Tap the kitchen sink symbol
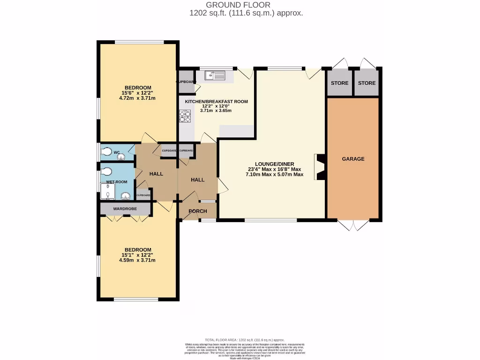coord(215,74)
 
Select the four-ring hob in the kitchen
coord(185,116)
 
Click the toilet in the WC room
coord(106,152)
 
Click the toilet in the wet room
coord(106,171)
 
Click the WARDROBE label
coord(124,208)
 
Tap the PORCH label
coord(198,211)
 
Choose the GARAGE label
coord(353,159)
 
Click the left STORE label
coord(339,83)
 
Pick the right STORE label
coord(367,83)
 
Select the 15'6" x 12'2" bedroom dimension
coord(138,93)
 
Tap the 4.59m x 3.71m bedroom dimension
coord(138,260)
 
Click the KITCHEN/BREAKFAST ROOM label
coord(216,101)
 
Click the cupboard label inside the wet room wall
coord(143,195)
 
